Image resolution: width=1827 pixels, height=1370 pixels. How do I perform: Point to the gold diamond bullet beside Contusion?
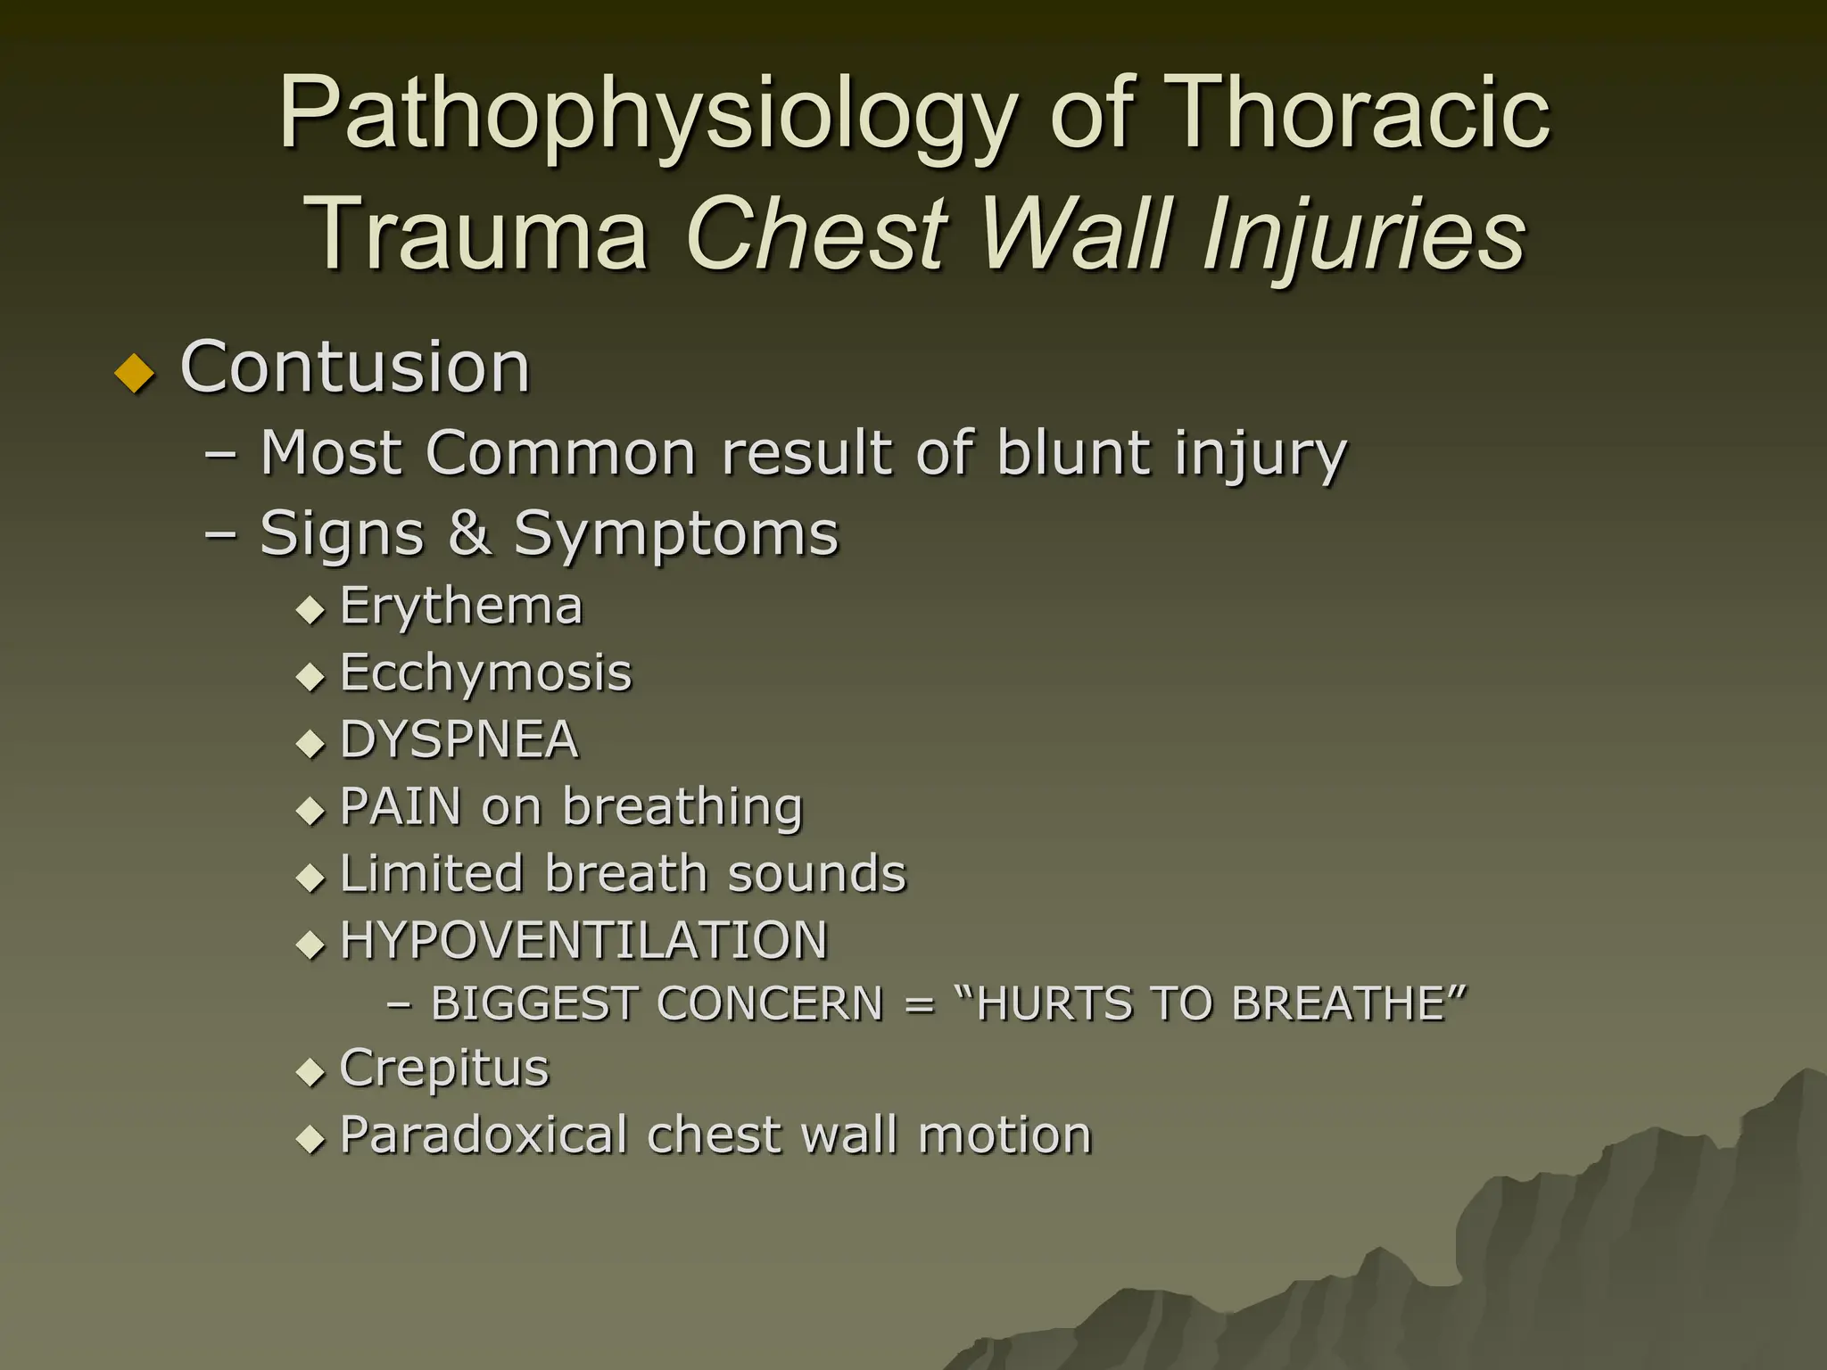tap(136, 373)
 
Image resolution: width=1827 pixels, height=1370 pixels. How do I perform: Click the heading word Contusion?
tap(355, 367)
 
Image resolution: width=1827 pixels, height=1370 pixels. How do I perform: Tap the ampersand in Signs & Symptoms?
tap(469, 532)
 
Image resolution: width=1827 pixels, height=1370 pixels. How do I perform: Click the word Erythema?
tap(461, 607)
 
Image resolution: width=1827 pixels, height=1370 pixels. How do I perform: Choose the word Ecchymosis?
tap(485, 673)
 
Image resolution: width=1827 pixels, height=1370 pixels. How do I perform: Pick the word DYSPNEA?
tap(459, 739)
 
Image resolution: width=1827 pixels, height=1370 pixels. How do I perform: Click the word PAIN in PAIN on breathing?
tap(401, 806)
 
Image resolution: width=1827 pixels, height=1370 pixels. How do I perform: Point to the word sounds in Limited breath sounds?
tap(816, 873)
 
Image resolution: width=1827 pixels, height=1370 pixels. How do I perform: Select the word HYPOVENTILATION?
tap(583, 940)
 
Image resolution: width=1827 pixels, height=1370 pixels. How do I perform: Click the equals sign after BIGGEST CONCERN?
tap(919, 1005)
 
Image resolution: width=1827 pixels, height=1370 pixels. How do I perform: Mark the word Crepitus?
tap(443, 1069)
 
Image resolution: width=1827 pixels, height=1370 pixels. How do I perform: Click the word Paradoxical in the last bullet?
tap(483, 1135)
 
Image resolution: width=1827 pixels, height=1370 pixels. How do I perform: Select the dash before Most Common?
tap(220, 454)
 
